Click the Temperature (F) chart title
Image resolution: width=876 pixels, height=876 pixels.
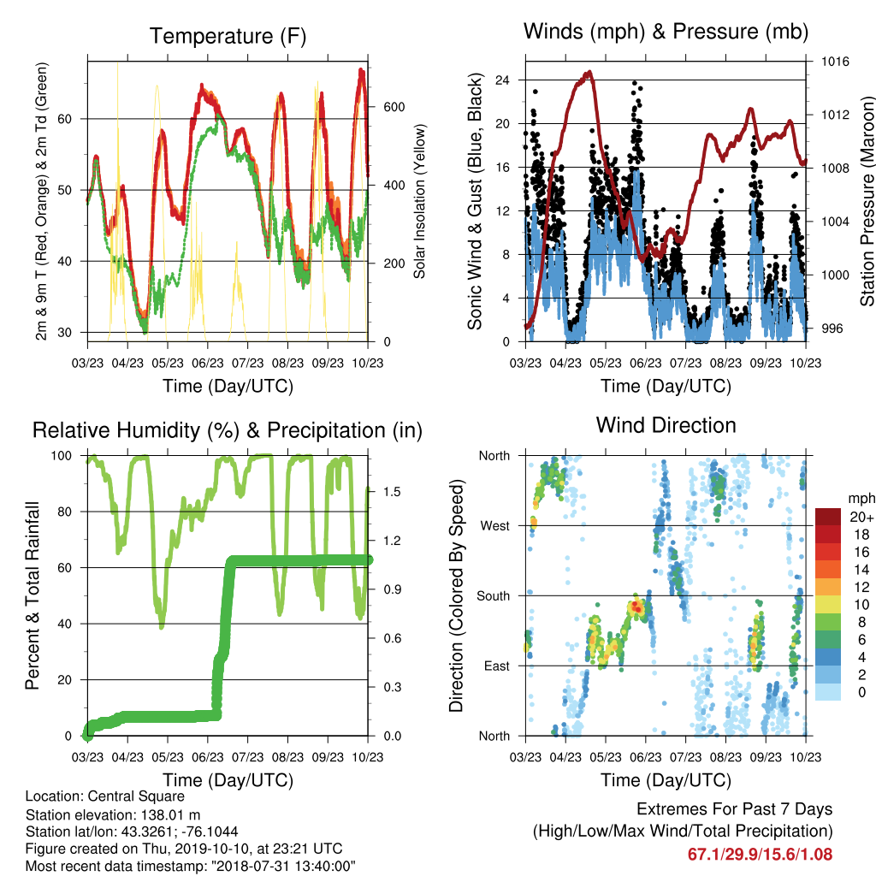pos(228,36)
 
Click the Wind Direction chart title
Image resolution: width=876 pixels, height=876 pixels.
pos(666,425)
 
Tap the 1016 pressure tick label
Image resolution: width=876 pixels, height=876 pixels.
pos(835,62)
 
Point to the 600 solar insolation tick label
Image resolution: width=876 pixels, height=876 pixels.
pos(394,107)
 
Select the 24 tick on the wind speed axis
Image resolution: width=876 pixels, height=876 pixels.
pos(502,80)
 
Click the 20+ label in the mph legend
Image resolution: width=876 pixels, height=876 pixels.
pos(861,517)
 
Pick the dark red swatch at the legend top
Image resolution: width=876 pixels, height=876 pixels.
pos(828,517)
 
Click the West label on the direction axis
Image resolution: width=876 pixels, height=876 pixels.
pos(495,526)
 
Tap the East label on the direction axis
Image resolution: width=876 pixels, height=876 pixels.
pos(497,666)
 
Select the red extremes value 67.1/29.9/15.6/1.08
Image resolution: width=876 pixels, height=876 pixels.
pos(760,855)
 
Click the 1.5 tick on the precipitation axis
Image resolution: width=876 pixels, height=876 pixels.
pos(392,492)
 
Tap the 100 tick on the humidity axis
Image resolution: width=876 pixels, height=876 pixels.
pos(62,456)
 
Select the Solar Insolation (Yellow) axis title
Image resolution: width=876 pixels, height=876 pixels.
pos(419,201)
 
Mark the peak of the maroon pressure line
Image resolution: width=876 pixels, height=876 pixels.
pos(589,72)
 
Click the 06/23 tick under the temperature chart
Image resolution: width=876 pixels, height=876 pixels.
pos(208,363)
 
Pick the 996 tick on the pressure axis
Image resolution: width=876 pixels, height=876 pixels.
pos(832,328)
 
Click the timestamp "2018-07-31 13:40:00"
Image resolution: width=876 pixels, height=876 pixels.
pos(282,867)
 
